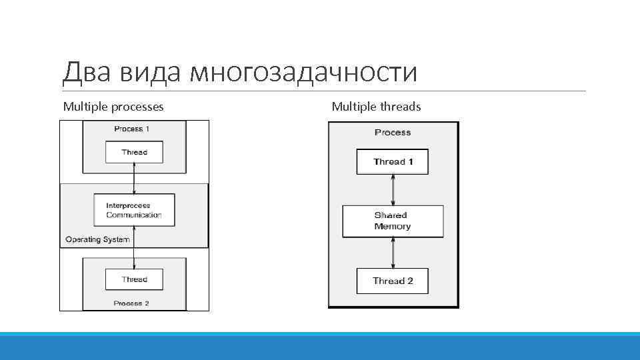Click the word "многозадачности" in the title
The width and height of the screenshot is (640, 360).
tap(303, 72)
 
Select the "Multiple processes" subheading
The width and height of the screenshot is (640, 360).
tap(113, 107)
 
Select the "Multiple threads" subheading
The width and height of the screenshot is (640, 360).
tap(376, 107)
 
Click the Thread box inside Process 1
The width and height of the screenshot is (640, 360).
tap(134, 152)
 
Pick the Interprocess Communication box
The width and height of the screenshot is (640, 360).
tap(134, 210)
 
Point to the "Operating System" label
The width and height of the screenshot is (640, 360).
tap(97, 239)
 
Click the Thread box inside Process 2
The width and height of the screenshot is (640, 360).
tap(134, 279)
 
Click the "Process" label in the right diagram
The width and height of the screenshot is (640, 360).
tap(393, 133)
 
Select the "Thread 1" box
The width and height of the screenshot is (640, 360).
tap(393, 162)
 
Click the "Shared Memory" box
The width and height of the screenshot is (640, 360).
tap(393, 221)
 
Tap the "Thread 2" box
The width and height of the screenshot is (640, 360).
tap(393, 281)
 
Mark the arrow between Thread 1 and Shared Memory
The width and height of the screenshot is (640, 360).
tap(393, 190)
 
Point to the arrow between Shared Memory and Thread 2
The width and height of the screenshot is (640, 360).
tap(393, 253)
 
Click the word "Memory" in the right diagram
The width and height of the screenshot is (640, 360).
tap(392, 227)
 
